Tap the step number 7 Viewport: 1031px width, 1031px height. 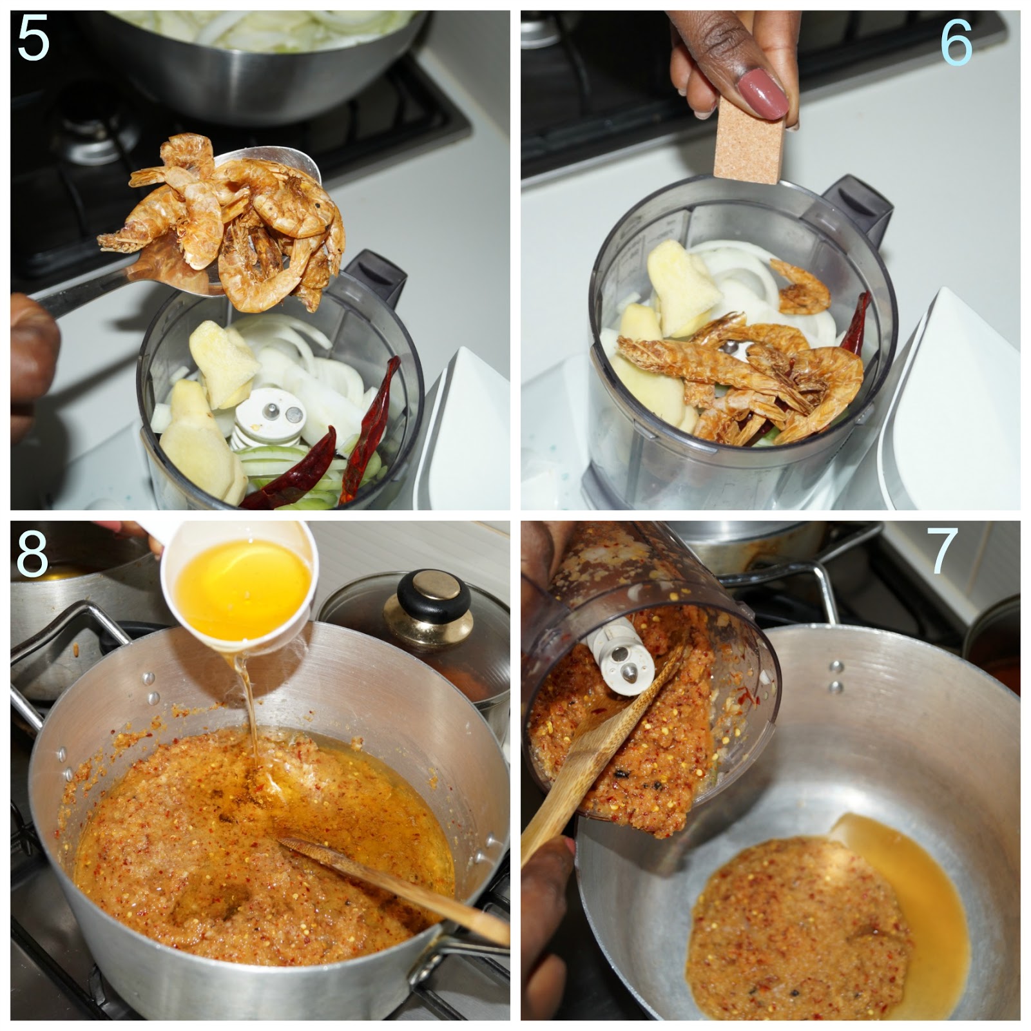point(941,551)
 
